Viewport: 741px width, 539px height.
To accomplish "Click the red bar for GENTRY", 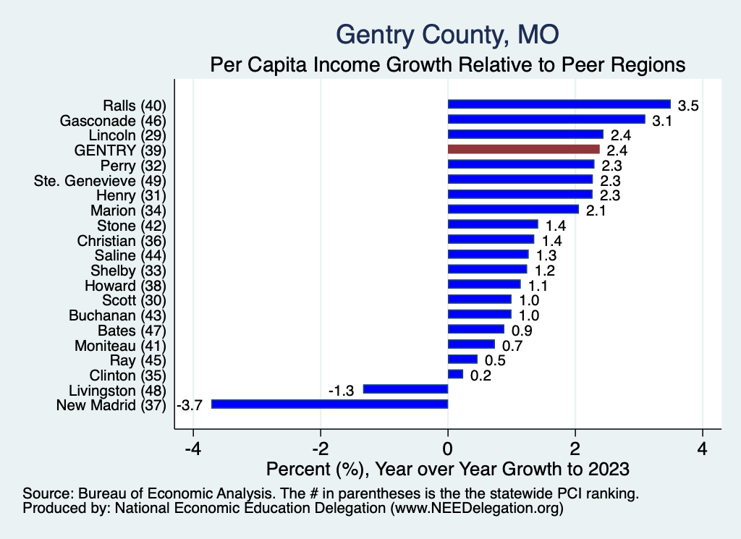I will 524,149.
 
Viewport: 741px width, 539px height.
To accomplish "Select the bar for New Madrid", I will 329,404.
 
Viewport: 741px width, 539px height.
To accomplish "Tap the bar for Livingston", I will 405,389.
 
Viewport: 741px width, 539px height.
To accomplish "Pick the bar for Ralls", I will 559,104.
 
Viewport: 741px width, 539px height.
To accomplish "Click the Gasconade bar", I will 546,119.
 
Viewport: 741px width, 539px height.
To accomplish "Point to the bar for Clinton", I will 455,374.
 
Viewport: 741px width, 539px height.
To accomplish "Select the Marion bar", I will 513,209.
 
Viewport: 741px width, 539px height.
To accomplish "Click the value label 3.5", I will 687,106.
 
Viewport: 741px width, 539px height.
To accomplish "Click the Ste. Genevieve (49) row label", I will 101,179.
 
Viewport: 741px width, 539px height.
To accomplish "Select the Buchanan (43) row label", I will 118,315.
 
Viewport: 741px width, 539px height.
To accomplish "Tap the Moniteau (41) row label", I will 121,345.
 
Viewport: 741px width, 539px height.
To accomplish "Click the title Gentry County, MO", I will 448,34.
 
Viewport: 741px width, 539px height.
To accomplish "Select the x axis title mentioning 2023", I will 448,468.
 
